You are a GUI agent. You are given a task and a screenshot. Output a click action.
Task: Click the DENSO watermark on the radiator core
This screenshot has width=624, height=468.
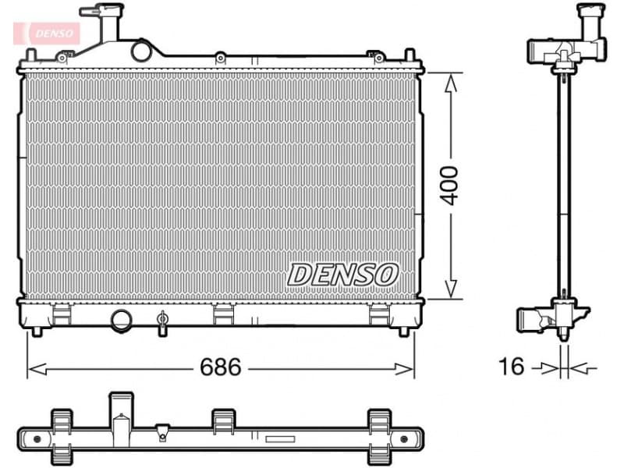[343, 274]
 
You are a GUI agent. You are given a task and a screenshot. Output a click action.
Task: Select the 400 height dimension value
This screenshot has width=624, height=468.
[450, 185]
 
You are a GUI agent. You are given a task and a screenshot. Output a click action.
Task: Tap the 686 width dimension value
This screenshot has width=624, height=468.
[221, 367]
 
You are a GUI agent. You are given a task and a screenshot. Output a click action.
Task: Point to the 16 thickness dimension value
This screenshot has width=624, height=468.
[512, 367]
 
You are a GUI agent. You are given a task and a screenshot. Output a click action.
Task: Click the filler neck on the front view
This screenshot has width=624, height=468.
[104, 23]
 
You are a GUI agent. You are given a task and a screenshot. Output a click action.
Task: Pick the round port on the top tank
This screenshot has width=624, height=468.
[141, 51]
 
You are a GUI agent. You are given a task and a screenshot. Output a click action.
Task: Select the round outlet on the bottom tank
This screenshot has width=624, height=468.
[121, 319]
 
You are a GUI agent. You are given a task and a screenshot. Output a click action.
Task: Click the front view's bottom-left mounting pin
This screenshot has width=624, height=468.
[36, 331]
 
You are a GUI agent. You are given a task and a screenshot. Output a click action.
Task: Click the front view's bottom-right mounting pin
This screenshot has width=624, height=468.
[403, 331]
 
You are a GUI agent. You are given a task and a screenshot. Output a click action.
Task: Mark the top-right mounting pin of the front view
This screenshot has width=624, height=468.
[409, 56]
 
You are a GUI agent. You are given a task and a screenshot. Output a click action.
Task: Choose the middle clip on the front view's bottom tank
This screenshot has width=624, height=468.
[223, 314]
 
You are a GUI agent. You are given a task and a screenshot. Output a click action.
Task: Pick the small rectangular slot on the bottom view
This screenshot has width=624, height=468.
[279, 439]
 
